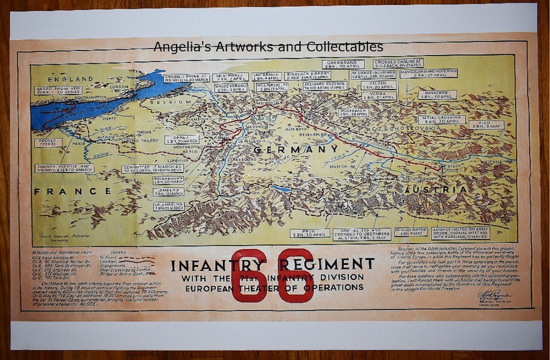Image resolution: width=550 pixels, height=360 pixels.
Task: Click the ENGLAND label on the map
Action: click(x=70, y=79)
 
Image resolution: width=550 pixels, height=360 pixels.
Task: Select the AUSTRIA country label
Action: click(x=435, y=190)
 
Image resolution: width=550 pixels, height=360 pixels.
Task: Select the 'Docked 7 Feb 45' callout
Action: click(x=48, y=142)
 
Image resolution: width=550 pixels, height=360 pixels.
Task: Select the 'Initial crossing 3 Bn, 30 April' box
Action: click(x=439, y=120)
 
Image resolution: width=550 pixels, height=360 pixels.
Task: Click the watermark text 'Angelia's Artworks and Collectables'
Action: click(x=269, y=46)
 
